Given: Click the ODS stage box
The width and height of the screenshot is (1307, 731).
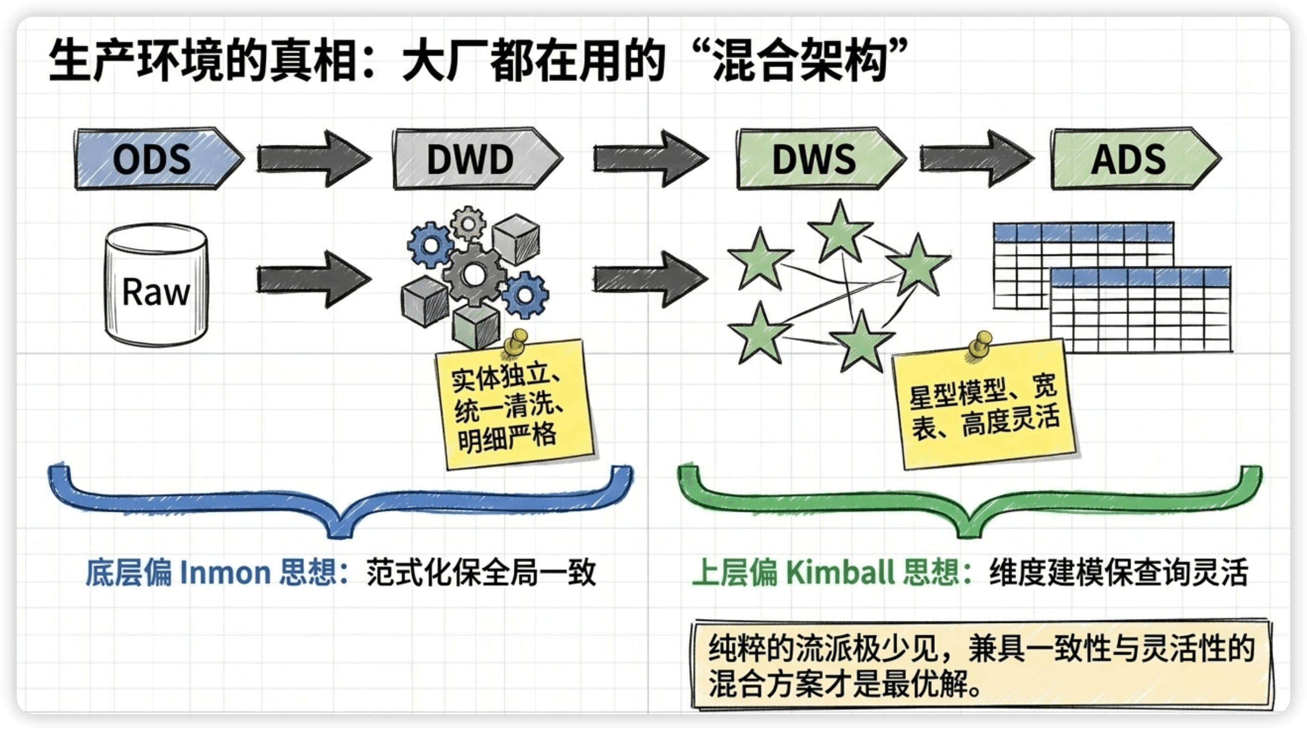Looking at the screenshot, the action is pos(158,159).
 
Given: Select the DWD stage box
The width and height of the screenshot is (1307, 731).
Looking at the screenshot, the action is pos(477,159).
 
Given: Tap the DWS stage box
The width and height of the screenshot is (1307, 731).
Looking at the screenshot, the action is pos(821,159).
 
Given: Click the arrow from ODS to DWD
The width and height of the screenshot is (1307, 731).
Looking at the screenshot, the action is pos(314,158).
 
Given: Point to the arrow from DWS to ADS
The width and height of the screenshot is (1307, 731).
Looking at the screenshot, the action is pos(977,158).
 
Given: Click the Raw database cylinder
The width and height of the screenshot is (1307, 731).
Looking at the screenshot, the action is pos(156,285).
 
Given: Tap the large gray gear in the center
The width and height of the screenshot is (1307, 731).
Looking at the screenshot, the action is pos(474,274).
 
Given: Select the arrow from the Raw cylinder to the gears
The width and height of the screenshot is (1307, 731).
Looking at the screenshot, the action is pos(314,279).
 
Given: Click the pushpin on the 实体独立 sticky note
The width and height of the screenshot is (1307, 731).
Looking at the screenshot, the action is pos(517,342).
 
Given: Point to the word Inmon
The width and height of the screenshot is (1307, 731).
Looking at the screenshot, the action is pos(225,573).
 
